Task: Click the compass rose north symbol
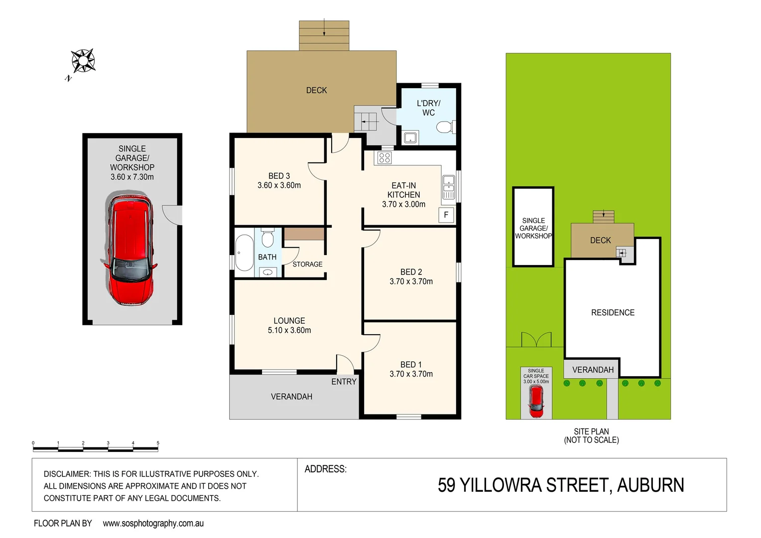(x=83, y=61)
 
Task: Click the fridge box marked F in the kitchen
(x=446, y=215)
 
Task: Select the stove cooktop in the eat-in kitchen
(x=384, y=158)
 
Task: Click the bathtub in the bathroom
(x=244, y=253)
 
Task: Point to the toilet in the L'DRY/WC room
(x=444, y=128)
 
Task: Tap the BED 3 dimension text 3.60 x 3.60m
(x=279, y=185)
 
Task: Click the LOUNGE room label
(x=289, y=321)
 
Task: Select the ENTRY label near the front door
(x=344, y=382)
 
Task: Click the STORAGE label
(x=307, y=264)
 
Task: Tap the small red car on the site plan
(x=536, y=402)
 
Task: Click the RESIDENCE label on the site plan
(x=613, y=312)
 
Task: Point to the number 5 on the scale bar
(x=158, y=443)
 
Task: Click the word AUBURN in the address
(x=650, y=485)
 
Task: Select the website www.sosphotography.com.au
(x=153, y=523)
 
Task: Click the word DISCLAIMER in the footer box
(x=67, y=474)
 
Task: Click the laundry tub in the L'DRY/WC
(x=410, y=137)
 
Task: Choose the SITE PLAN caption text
(x=591, y=431)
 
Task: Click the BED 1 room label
(x=411, y=365)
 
